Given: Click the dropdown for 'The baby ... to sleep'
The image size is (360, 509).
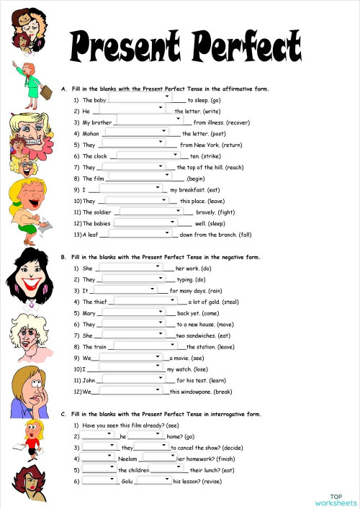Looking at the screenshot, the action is tap(141, 96).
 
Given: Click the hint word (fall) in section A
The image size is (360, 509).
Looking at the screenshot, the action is tap(245, 235).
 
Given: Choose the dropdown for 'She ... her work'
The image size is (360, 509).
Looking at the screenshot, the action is tap(127, 267).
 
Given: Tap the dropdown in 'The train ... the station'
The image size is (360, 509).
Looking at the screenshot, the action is tap(145, 346).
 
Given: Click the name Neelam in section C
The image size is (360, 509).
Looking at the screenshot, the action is tap(127, 459).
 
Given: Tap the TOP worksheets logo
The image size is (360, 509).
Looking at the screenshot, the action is tap(336, 500).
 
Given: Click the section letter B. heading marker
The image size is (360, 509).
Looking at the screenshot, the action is tap(64, 257).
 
